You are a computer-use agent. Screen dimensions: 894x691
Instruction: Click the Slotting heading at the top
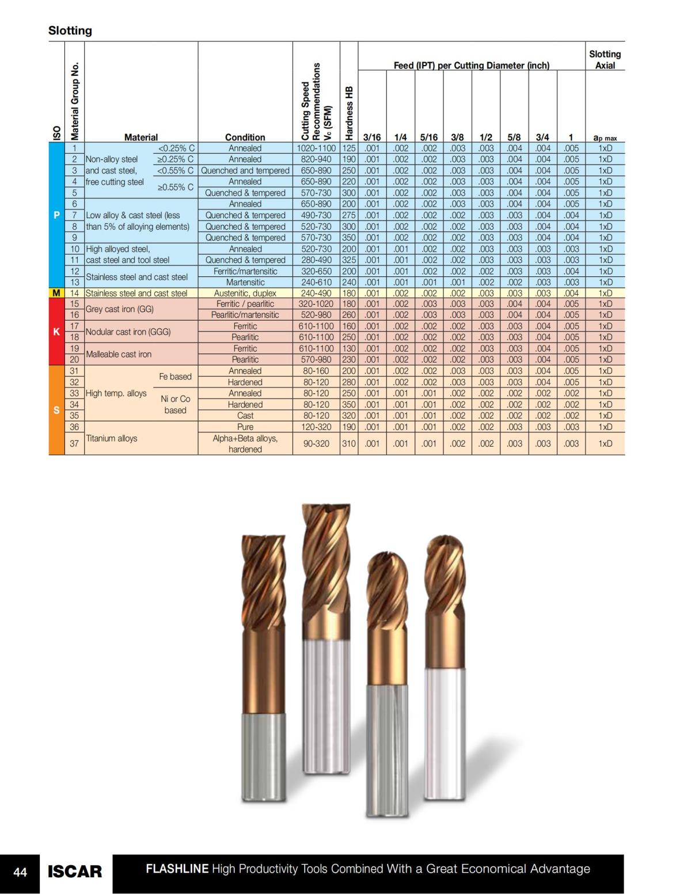click(x=70, y=31)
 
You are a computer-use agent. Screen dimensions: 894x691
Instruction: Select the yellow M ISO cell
click(x=56, y=293)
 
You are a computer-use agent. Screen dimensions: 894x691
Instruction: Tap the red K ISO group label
click(x=56, y=332)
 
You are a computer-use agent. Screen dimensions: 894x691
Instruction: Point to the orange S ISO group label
click(x=56, y=410)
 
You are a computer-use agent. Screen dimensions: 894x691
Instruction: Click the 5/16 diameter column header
click(x=428, y=137)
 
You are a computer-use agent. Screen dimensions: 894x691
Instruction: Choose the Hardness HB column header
click(x=349, y=113)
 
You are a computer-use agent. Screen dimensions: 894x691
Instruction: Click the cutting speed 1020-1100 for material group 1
click(x=316, y=148)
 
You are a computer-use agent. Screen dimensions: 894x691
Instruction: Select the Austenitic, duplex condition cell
click(x=245, y=293)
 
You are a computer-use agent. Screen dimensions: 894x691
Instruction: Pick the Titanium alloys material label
click(x=112, y=438)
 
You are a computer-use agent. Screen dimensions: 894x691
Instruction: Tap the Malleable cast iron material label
click(x=119, y=354)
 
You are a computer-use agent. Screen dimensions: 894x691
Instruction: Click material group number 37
click(x=74, y=443)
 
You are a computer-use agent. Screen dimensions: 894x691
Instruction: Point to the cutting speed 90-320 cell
click(x=316, y=443)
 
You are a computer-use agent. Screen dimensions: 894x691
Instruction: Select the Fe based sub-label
click(x=175, y=376)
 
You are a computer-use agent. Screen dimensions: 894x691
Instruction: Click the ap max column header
click(x=605, y=138)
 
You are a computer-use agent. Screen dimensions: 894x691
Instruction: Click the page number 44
click(x=20, y=873)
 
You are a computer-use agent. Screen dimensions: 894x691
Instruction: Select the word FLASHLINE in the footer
click(x=177, y=869)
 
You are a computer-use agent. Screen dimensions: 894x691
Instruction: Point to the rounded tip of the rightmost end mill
click(x=445, y=547)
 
